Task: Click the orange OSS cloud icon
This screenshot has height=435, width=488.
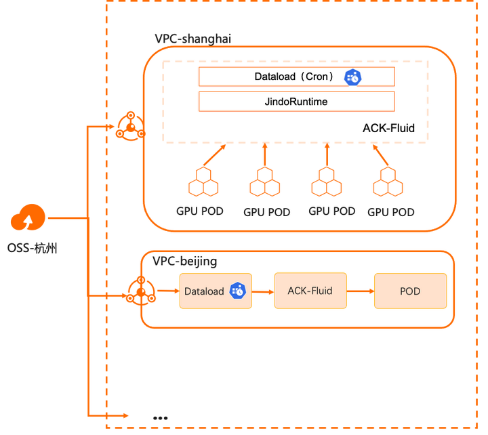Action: point(28,217)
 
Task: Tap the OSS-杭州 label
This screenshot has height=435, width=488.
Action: point(32,248)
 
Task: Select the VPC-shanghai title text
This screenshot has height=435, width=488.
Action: point(193,39)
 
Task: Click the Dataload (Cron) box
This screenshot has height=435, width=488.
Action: point(297,77)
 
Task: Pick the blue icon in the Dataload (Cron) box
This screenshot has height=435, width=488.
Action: point(352,77)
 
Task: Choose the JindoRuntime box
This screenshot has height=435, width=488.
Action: point(297,102)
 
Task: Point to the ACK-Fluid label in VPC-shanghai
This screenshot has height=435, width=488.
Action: point(388,128)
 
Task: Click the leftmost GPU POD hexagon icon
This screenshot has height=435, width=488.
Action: point(203,182)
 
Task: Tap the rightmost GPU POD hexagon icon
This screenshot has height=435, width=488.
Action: point(388,182)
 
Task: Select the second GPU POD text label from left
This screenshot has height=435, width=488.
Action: point(267,212)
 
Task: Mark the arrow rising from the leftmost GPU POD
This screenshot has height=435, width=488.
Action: point(214,154)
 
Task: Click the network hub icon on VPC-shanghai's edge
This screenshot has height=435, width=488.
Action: point(130,126)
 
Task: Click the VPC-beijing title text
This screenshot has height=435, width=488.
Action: point(184,261)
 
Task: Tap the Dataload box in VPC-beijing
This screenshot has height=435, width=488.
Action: point(216,291)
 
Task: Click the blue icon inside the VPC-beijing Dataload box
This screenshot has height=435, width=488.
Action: point(238,291)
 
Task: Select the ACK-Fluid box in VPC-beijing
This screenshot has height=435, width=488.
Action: point(310,291)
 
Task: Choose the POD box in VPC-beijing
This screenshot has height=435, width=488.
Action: point(410,291)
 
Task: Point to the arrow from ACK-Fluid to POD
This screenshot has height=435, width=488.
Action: point(361,291)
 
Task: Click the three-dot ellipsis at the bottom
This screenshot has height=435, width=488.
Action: point(160,418)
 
